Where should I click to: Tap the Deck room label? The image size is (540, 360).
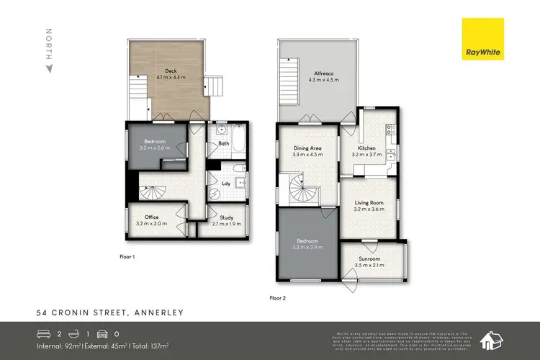171,72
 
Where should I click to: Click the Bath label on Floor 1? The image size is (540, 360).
223,143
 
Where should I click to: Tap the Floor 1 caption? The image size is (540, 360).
127,256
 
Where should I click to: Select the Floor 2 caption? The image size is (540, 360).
278,297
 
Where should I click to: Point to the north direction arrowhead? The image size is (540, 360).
48,68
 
